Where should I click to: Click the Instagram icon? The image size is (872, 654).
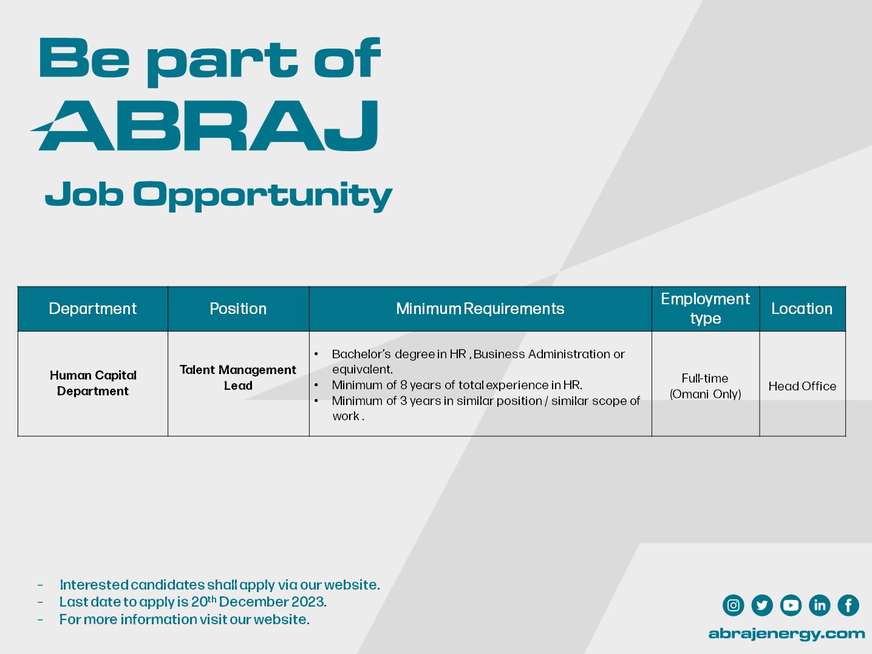(733, 605)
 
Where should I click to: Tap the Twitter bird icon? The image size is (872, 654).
(762, 605)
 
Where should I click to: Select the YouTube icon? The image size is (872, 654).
(791, 605)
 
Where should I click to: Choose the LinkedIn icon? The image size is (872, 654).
(820, 605)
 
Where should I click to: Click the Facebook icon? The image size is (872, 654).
(848, 605)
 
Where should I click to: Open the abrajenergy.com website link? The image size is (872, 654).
(786, 634)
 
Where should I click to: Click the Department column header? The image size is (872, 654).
(92, 308)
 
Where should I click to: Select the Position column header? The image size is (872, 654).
(238, 308)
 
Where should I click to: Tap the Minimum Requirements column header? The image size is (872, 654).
(480, 308)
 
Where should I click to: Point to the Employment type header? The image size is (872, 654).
(705, 308)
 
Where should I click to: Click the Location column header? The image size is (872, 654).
(802, 308)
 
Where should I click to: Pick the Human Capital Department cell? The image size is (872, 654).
(93, 383)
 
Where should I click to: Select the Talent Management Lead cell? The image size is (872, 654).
(237, 377)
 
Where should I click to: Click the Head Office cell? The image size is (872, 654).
(802, 386)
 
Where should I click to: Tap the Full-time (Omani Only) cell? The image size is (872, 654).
(705, 386)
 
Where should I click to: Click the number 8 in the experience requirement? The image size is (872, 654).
(404, 385)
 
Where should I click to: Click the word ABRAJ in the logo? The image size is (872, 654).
(205, 126)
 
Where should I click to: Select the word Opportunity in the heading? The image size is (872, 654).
(262, 196)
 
